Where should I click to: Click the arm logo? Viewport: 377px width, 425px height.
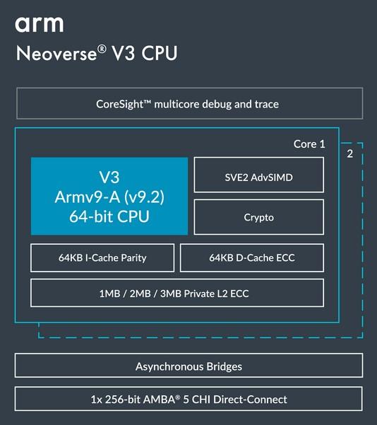(39, 24)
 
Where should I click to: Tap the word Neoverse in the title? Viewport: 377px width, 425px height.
(57, 54)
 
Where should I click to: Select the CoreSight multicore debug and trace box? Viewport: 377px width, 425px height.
(188, 104)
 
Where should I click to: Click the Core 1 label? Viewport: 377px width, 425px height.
(309, 144)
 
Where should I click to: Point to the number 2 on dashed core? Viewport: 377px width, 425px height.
(349, 153)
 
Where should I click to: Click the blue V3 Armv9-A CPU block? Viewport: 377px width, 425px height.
(109, 196)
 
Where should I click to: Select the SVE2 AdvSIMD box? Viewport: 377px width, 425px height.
(258, 177)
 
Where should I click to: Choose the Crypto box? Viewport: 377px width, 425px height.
(258, 218)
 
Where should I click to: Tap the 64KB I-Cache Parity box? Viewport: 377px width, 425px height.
(102, 257)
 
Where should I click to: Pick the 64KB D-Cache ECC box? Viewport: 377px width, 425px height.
(252, 257)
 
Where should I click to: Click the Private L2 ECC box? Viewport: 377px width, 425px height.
(177, 293)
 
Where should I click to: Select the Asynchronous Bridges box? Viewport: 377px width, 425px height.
(188, 366)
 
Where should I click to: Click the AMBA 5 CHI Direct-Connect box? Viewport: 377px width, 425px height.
(188, 400)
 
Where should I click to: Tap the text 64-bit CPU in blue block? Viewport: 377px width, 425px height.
(109, 216)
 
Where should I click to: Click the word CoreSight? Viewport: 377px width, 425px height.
(122, 104)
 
